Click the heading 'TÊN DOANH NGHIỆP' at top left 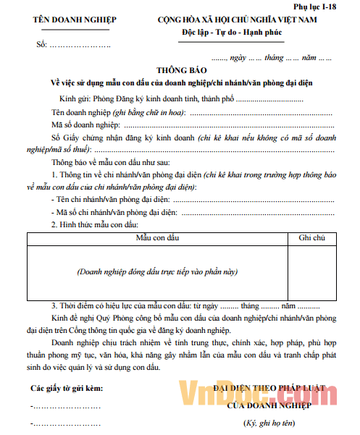point(70,20)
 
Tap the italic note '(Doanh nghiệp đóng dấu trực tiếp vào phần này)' point(157,271)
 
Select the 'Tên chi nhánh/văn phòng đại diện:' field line point(192,199)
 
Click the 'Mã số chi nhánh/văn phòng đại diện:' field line point(192,212)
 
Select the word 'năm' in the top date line point(309,56)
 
